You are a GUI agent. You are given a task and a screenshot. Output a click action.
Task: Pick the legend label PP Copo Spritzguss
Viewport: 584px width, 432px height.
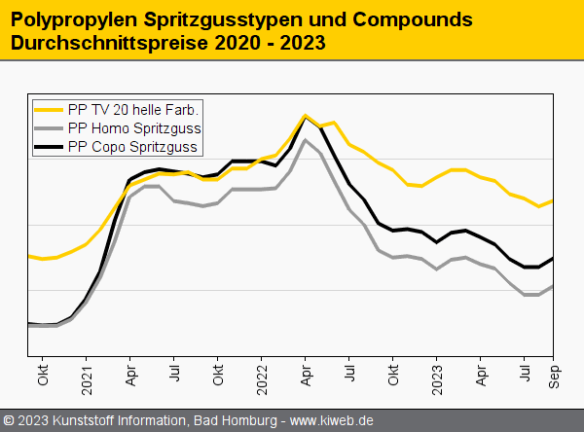pos(134,148)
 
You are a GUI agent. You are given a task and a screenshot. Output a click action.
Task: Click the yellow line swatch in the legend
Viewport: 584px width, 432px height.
pos(49,109)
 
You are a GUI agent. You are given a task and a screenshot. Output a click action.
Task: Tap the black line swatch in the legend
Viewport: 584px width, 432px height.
pos(49,148)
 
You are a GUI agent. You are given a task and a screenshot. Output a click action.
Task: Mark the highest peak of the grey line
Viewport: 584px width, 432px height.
pos(306,140)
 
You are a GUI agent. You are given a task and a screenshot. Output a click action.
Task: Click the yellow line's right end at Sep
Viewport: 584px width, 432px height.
pos(553,200)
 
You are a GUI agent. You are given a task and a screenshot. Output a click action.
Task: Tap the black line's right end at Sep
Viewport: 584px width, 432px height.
pos(553,258)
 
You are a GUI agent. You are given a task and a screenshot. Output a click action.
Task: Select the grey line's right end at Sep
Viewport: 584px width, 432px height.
pos(553,286)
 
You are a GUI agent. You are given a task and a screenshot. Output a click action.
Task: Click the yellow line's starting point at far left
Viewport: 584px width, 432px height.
pos(29,256)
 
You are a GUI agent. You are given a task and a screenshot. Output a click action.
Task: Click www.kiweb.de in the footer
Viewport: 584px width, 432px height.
pos(332,420)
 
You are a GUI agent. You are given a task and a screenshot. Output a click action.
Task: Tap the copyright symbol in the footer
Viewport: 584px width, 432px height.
pos(10,420)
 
